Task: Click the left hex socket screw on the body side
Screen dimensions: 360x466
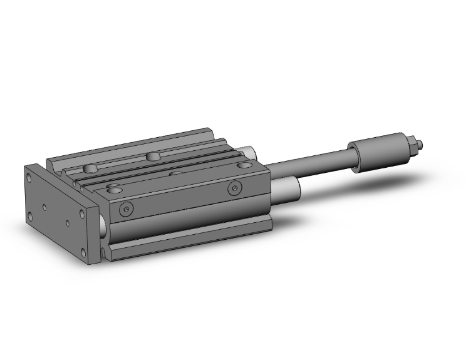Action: [127, 209]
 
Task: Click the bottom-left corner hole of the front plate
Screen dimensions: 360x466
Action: [29, 215]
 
